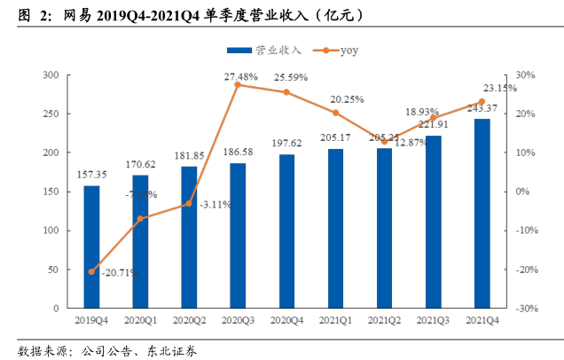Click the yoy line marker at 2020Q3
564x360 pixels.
(238, 84)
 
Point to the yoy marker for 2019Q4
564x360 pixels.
(91, 271)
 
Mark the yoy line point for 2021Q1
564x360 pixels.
(335, 113)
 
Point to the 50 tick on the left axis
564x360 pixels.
(53, 269)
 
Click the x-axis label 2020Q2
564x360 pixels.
(189, 321)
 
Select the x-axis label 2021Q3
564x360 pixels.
(433, 321)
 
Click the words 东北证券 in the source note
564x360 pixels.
(172, 349)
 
